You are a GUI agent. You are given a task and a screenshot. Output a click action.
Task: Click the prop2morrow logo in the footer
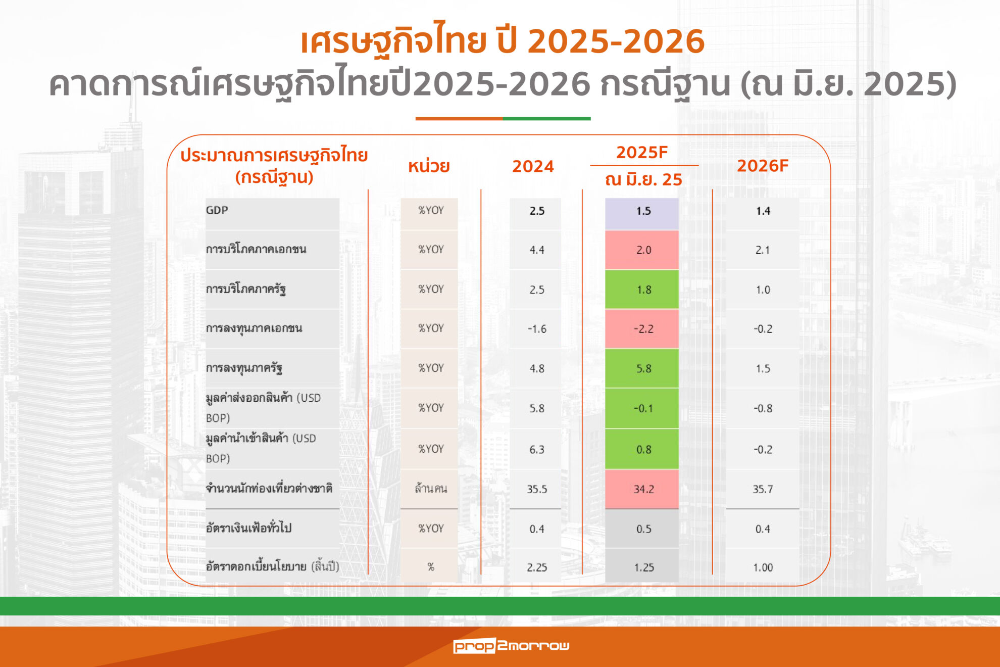[x=511, y=645]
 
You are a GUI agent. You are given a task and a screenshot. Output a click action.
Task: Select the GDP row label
[x=217, y=210]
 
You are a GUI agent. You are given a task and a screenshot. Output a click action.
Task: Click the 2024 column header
[x=533, y=166]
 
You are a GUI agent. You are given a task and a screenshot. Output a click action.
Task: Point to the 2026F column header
[x=763, y=166]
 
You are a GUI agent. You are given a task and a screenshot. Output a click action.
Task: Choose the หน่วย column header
[x=429, y=166]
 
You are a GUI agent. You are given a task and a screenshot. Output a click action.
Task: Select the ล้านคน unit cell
[x=431, y=489]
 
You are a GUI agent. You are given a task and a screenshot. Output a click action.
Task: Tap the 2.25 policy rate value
[x=537, y=567]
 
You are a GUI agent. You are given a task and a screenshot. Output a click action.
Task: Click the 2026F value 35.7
[x=763, y=489]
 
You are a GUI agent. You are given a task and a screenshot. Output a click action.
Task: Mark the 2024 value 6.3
[x=537, y=449]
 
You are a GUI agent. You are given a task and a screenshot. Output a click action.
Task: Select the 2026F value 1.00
[x=763, y=567]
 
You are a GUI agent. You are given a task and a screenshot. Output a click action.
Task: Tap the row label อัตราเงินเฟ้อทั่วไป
[x=248, y=528]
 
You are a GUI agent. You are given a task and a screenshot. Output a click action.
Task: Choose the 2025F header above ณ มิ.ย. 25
[x=642, y=152]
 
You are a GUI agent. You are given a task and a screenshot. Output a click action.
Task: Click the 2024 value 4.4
[x=537, y=250]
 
